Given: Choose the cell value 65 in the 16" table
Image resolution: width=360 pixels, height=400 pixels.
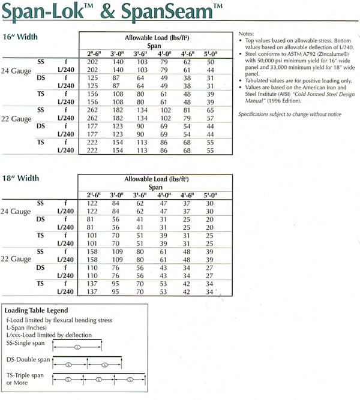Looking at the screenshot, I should coord(210,110).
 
